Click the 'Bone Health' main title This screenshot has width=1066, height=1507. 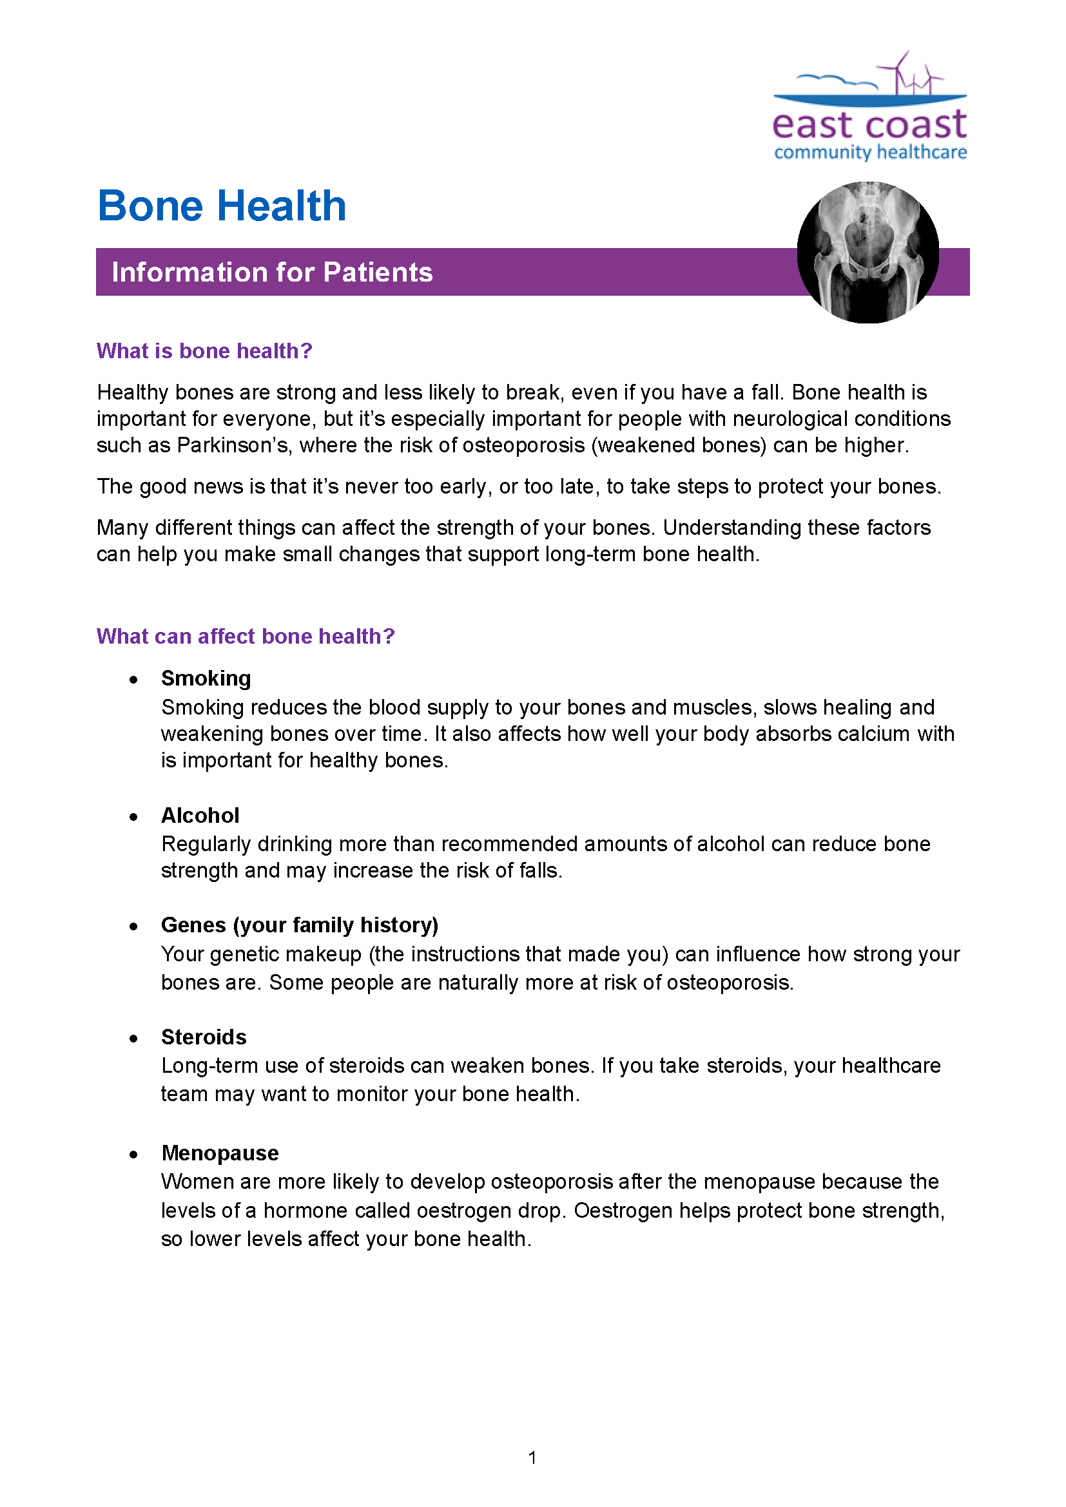tap(221, 206)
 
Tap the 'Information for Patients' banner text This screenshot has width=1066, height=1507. tap(272, 273)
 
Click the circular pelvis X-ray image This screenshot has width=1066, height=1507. tap(867, 253)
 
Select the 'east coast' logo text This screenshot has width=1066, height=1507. tap(869, 125)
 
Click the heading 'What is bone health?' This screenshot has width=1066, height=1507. tap(204, 351)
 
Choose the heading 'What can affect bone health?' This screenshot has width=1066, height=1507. tap(246, 636)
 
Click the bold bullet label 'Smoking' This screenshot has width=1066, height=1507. tap(206, 678)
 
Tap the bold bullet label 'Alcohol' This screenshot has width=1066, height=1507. tap(200, 815)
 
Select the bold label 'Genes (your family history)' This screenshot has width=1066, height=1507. tap(299, 925)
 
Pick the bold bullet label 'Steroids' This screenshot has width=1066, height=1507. tap(204, 1037)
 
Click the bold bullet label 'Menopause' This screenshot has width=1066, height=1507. tap(220, 1153)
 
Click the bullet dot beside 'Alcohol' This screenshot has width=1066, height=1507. tap(134, 817)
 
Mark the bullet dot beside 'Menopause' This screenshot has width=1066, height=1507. tap(134, 1155)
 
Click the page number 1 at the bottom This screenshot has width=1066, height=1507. tap(532, 1458)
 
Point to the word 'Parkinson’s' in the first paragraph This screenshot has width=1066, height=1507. tap(233, 445)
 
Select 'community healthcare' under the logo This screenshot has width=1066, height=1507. tap(869, 152)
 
